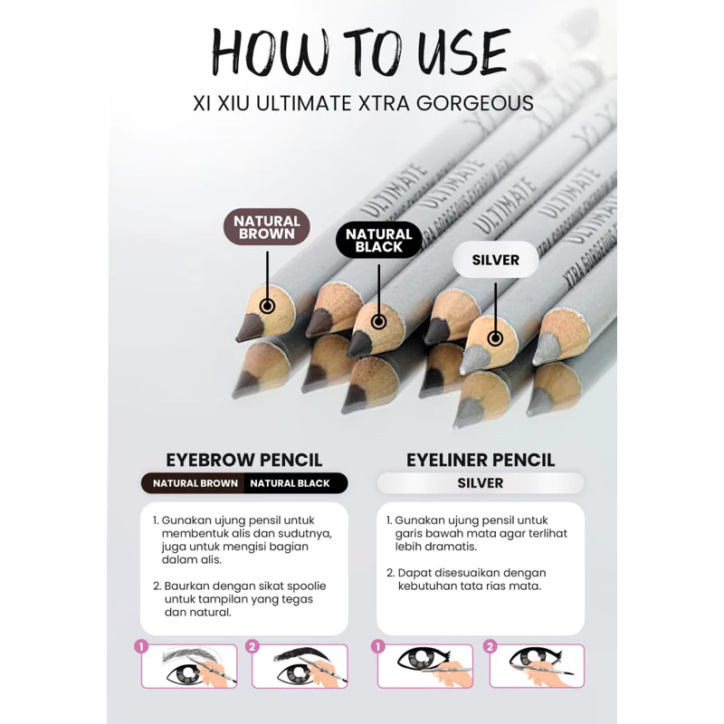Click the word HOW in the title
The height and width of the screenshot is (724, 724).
pos(270,52)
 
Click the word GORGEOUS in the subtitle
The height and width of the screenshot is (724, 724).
pos(475,103)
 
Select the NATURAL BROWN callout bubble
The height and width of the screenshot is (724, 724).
pos(267,227)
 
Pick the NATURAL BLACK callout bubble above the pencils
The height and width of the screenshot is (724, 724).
pos(378,240)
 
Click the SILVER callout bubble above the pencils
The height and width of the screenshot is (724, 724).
pos(495,260)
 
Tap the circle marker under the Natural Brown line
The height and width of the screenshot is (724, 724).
pos(267,306)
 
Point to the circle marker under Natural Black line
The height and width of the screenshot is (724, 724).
pos(378,321)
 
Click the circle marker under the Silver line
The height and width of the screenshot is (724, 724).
pos(495,338)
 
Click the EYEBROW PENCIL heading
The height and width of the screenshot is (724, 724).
pos(243,460)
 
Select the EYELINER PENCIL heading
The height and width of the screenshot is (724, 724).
pos(481,460)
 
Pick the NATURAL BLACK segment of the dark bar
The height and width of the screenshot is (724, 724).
pos(296,483)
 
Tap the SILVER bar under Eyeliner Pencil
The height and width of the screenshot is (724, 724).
pos(481,483)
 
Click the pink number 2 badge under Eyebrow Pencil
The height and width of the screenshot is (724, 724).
pos(252,646)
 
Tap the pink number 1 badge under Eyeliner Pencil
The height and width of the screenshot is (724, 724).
pos(377,646)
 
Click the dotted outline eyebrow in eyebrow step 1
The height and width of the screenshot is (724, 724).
pos(190,655)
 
